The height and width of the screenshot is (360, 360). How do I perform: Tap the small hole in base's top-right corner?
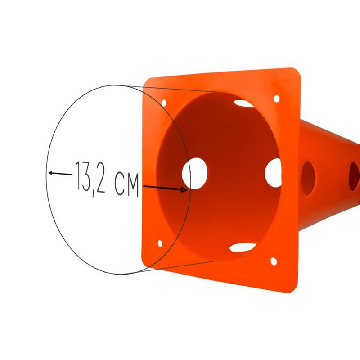click(277, 97)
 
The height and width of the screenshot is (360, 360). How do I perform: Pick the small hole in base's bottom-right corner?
click(272, 261)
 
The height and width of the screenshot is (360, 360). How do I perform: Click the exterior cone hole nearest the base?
click(309, 173)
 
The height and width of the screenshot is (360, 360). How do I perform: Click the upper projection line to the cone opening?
click(180, 89)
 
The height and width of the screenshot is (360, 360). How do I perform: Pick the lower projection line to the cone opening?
click(180, 265)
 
